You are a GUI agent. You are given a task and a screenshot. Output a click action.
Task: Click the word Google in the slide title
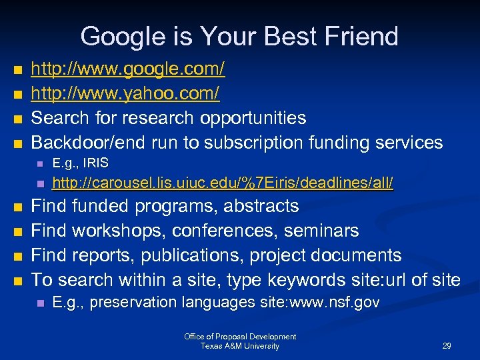[118, 36]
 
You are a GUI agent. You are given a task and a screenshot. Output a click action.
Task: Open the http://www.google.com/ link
[128, 69]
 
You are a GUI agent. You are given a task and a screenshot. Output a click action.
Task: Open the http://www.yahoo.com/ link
[125, 93]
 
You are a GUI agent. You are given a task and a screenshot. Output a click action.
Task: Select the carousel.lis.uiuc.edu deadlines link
[223, 183]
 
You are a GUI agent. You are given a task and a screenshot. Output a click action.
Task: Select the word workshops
[118, 231]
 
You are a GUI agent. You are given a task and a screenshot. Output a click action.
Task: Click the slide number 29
[447, 346]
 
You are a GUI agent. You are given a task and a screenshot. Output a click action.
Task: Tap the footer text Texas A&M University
[240, 346]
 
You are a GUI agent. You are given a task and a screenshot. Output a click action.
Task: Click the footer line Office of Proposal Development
[240, 337]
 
